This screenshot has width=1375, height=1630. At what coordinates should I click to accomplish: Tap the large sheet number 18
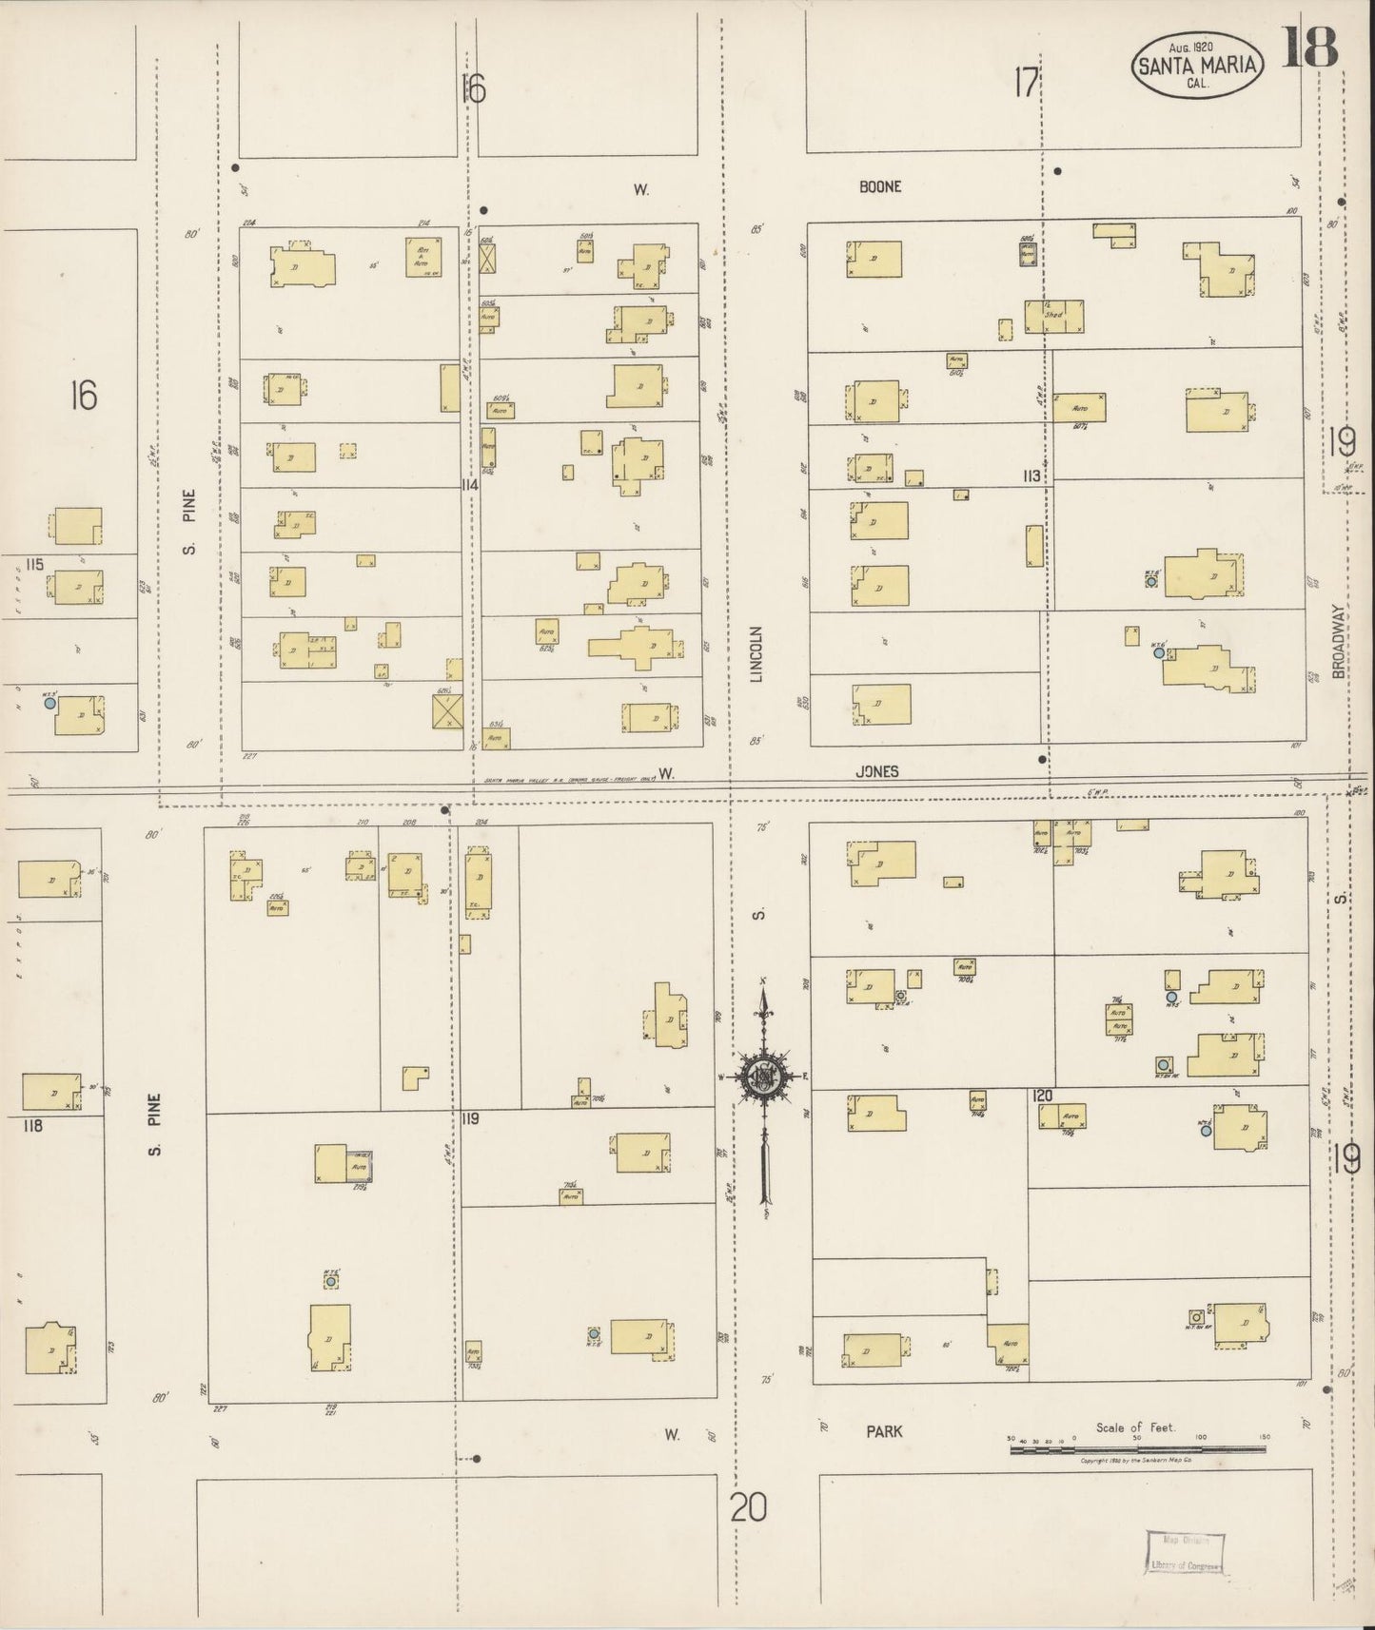pyautogui.click(x=1310, y=47)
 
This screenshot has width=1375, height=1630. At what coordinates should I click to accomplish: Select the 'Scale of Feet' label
pyautogui.click(x=1135, y=1426)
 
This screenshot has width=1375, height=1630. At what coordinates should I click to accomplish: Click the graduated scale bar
pyautogui.click(x=1137, y=1449)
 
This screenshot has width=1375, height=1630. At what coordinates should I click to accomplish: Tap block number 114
pyautogui.click(x=468, y=485)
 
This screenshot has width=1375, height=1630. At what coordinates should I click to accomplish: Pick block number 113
pyautogui.click(x=1031, y=475)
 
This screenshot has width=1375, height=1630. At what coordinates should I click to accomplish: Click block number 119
pyautogui.click(x=469, y=1119)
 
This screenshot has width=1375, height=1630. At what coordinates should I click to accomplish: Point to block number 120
pyautogui.click(x=1042, y=1096)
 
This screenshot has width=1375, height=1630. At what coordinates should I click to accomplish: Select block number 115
pyautogui.click(x=35, y=564)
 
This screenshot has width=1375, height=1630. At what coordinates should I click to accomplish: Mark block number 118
pyautogui.click(x=33, y=1126)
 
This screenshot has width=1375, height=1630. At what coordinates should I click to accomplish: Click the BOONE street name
pyautogui.click(x=879, y=187)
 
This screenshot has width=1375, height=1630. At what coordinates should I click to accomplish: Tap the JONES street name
pyautogui.click(x=876, y=772)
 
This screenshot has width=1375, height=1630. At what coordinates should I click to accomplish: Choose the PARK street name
pyautogui.click(x=884, y=1430)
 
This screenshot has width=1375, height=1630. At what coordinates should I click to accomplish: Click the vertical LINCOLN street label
pyautogui.click(x=757, y=654)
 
